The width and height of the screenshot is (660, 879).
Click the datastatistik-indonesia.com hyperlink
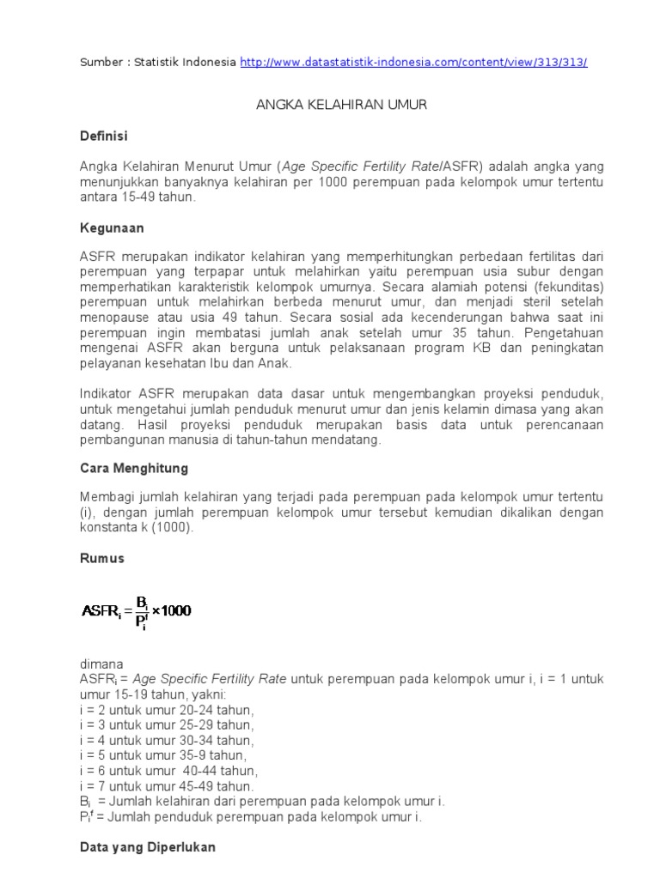[x=414, y=63]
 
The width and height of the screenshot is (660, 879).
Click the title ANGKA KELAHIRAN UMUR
[x=342, y=105]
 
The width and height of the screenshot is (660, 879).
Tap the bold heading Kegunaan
[x=112, y=228]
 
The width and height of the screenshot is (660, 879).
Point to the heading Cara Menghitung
[x=133, y=469]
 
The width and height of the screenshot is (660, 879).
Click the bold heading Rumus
[x=101, y=558]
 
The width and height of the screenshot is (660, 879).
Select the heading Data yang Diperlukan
[x=147, y=847]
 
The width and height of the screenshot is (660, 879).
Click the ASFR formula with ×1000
[x=137, y=610]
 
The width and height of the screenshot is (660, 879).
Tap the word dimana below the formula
[x=101, y=664]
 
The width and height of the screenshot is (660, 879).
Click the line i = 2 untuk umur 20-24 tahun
[x=168, y=710]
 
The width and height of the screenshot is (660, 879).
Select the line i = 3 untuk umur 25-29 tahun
[x=168, y=725]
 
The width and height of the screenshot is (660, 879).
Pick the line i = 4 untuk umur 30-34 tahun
[x=168, y=740]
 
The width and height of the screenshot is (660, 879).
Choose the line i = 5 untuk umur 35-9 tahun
[x=163, y=755]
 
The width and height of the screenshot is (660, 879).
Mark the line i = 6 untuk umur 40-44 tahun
[x=168, y=771]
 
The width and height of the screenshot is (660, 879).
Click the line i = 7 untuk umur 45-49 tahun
[x=168, y=785]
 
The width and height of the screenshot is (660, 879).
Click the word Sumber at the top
[x=101, y=63]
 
